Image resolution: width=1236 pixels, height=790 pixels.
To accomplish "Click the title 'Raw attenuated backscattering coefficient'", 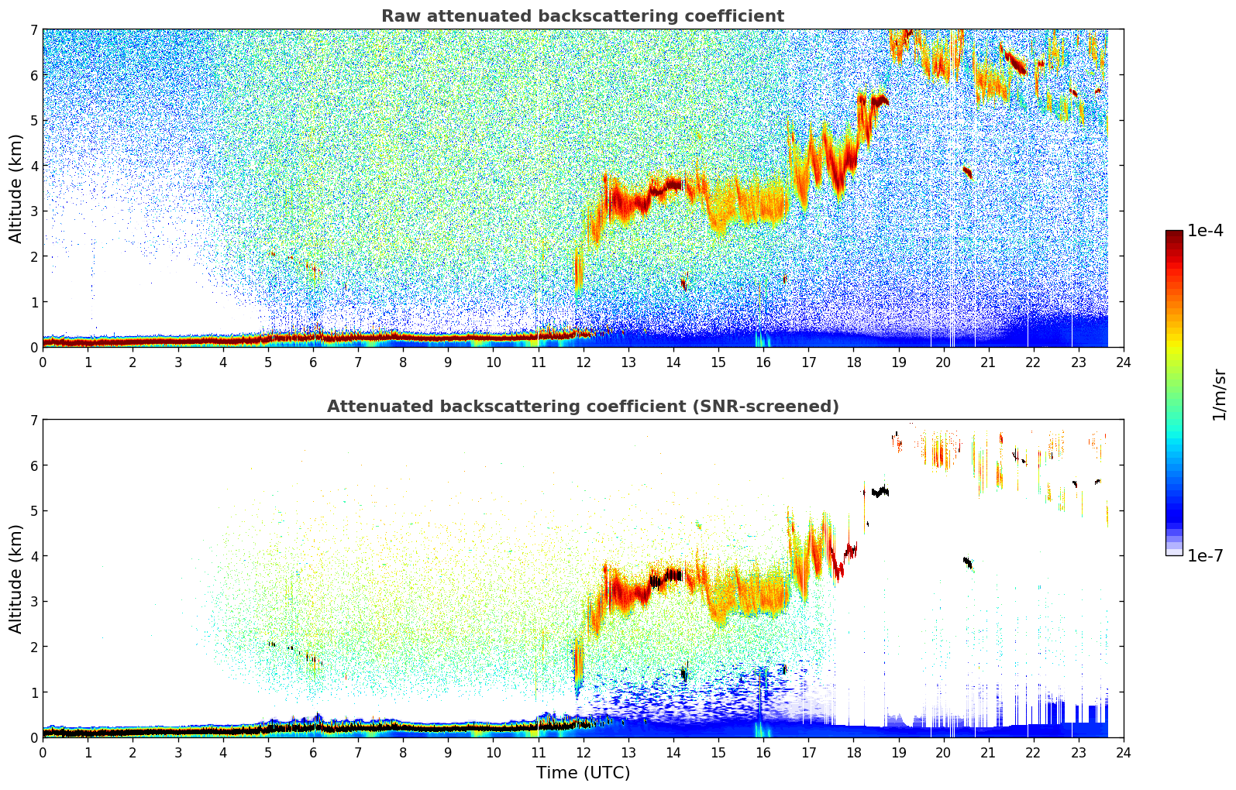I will (x=583, y=16).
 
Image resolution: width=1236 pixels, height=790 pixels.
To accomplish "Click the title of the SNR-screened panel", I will (x=583, y=407).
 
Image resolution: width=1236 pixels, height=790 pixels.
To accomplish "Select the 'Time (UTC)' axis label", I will (x=583, y=773).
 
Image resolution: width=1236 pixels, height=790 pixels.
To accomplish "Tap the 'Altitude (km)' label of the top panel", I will (x=16, y=188).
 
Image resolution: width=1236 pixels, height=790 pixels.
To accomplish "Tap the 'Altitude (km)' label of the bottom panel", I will (x=16, y=579).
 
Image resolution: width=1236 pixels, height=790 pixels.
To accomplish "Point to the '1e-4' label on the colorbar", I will (x=1205, y=231).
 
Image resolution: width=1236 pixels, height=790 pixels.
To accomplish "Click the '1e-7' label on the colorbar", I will (x=1205, y=555).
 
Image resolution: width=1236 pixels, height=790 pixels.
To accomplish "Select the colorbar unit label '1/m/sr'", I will (x=1219, y=394).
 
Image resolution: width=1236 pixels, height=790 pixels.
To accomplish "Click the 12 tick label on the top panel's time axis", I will (x=583, y=362).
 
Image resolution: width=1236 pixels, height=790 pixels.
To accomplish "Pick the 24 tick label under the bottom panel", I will (x=1123, y=752).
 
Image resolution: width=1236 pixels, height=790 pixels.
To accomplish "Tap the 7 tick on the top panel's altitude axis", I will (x=33, y=29).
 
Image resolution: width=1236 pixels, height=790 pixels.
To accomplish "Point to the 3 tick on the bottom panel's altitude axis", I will (x=33, y=601).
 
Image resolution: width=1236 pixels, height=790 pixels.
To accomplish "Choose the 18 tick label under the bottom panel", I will (x=853, y=752).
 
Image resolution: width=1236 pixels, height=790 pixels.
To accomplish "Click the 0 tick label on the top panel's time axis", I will (x=43, y=362).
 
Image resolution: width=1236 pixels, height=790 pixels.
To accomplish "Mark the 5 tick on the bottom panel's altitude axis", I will (x=33, y=510).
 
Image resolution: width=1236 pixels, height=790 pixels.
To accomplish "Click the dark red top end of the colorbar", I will (x=1174, y=233).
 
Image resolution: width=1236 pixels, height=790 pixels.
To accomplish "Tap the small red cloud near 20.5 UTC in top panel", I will (x=967, y=172).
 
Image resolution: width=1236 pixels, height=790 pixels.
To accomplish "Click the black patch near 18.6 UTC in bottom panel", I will (x=880, y=491).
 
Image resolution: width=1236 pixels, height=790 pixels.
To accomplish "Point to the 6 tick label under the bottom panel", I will (x=313, y=752).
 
